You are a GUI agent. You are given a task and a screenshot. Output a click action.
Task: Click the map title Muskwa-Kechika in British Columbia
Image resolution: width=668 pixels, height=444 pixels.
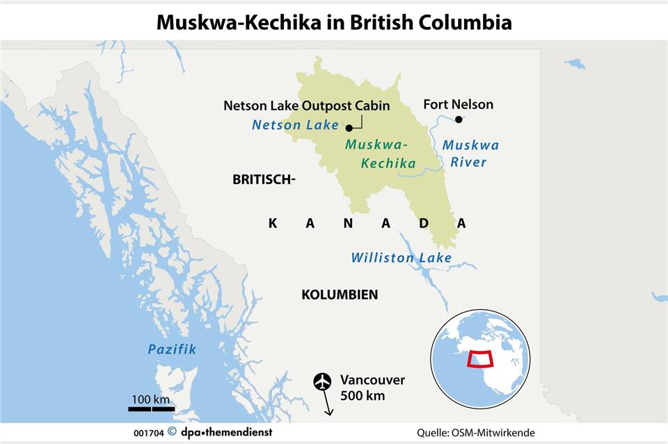(334, 22)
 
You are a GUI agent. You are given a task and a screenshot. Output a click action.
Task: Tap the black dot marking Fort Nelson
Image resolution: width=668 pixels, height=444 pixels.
(459, 120)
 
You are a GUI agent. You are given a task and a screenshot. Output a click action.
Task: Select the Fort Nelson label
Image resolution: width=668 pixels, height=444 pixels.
(458, 104)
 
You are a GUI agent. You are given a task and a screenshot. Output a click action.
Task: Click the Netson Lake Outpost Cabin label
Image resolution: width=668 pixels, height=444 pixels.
(306, 106)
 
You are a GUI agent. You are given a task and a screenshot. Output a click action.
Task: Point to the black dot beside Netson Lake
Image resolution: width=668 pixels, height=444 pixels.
(348, 127)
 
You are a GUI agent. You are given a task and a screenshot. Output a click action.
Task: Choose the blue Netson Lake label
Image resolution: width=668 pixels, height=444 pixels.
(295, 125)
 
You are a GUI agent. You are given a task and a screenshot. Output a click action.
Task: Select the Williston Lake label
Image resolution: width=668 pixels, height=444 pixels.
(401, 258)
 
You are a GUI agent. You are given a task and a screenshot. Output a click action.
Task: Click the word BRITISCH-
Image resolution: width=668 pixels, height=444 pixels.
(264, 179)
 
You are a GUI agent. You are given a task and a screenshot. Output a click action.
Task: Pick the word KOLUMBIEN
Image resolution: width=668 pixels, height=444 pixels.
(340, 295)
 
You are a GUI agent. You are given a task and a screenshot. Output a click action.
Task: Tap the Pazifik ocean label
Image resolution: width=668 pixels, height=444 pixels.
(172, 350)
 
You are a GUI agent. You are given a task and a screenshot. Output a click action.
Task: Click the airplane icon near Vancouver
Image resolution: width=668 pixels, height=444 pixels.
(322, 381)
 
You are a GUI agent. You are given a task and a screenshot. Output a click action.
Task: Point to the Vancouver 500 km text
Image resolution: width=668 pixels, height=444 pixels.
(372, 388)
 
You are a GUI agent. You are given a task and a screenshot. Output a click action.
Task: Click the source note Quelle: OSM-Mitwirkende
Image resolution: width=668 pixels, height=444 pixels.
(476, 432)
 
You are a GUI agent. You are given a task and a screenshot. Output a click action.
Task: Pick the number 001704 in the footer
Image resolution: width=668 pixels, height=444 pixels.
(148, 432)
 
